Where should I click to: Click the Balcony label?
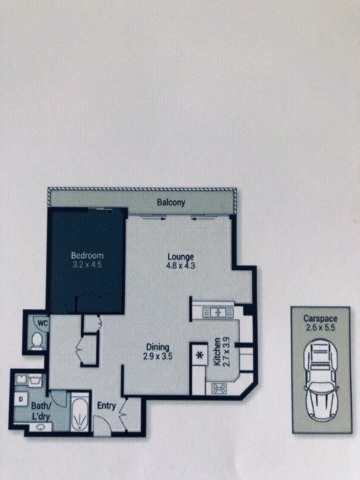[171, 202]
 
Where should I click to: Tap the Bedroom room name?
[87, 255]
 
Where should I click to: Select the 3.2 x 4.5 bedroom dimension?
[87, 265]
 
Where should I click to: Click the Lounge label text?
[181, 256]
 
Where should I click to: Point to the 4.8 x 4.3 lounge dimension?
[181, 265]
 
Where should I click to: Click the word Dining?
[157, 347]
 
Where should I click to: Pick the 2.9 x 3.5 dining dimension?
[157, 356]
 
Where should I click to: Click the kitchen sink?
[218, 313]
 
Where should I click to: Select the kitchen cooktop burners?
[219, 388]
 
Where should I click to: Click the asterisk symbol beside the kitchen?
[200, 355]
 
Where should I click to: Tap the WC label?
[43, 323]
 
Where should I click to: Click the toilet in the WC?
[37, 340]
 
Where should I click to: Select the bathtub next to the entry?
[80, 412]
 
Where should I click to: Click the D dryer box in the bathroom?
[21, 399]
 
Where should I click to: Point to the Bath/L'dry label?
[40, 411]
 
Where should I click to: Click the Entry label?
[106, 406]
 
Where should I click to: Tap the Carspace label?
[320, 318]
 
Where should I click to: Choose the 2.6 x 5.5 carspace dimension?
[320, 328]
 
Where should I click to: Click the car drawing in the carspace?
[321, 379]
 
